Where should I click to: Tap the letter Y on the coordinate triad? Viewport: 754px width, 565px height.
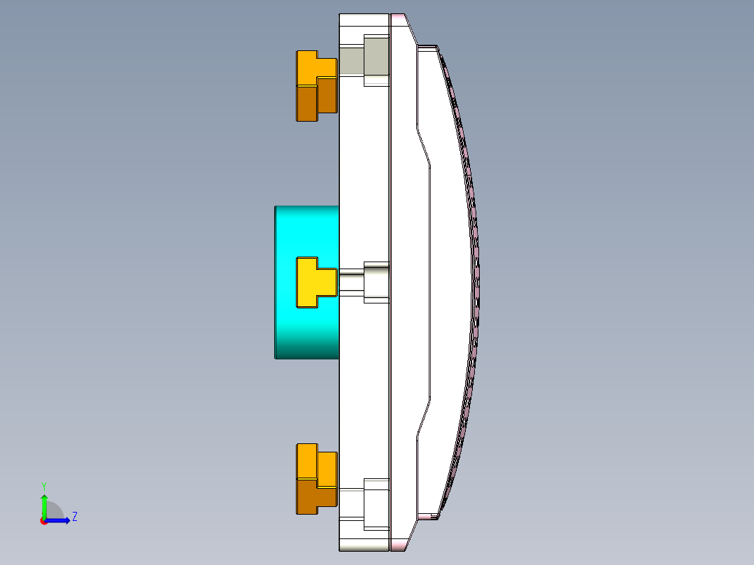pos(43,485)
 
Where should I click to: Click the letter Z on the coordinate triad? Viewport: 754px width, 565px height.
pos(74,517)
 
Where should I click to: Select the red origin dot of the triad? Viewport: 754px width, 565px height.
pos(43,521)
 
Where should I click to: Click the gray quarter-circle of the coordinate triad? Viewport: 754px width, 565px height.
pos(54,512)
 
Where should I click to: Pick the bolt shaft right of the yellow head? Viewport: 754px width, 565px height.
pos(350,282)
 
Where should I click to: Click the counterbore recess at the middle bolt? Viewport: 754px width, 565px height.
pos(376,282)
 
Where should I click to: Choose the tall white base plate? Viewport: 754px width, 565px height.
pos(364,175)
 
